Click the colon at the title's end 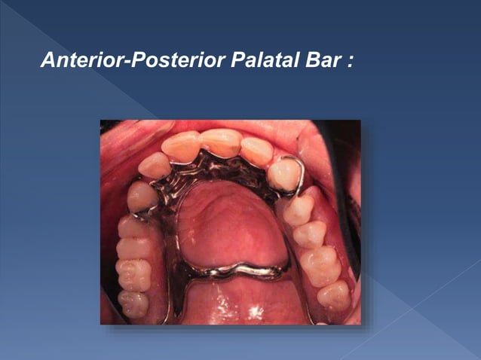[x=350, y=60]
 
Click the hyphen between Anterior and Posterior [x=126, y=59]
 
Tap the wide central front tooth [x=221, y=142]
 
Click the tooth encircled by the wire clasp [x=284, y=175]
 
